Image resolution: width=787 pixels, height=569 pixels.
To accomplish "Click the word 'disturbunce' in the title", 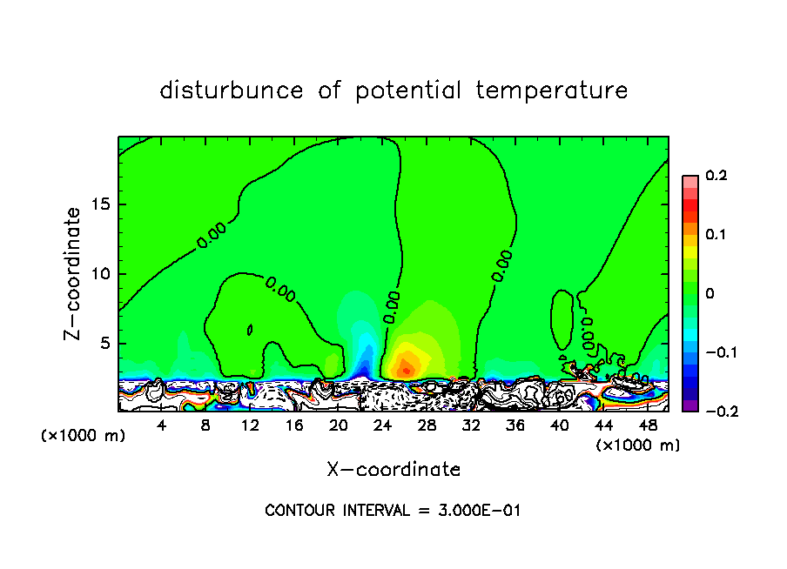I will (x=232, y=90).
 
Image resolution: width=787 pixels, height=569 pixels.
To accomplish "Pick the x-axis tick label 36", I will (x=515, y=425).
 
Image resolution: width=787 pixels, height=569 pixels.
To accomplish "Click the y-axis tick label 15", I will (x=101, y=204).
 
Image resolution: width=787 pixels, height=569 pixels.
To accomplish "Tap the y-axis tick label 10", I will (x=101, y=273).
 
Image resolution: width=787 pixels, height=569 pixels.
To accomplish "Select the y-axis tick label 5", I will (x=105, y=343).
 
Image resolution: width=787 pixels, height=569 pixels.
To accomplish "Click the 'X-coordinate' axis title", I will (x=393, y=470).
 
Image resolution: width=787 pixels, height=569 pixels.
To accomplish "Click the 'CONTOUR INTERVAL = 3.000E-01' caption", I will (x=393, y=511).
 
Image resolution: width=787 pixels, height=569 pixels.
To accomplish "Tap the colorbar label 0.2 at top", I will (x=715, y=176).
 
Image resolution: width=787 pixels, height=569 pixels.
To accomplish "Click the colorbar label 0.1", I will (x=715, y=235).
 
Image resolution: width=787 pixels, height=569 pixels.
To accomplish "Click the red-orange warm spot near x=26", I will (x=406, y=370).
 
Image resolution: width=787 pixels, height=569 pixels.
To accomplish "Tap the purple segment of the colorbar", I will (x=689, y=405).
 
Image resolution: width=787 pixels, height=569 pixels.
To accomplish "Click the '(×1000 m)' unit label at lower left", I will (x=84, y=436).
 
